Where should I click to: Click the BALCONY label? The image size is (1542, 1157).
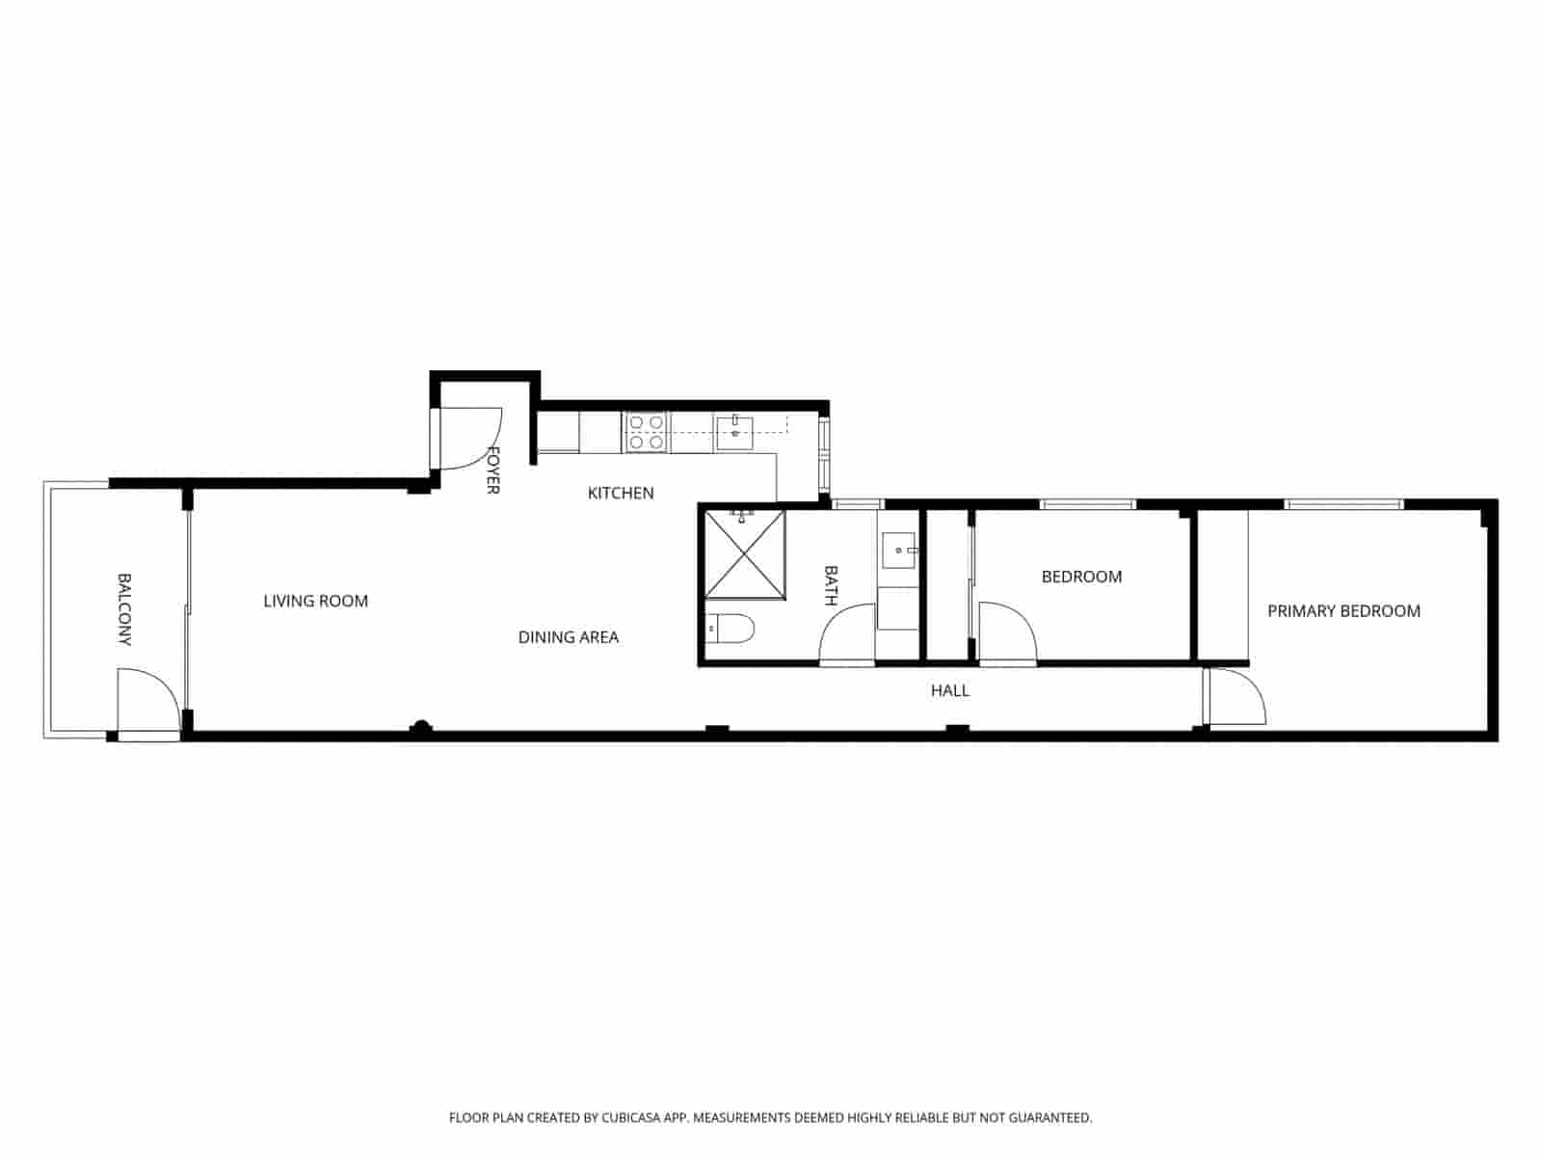point(124,609)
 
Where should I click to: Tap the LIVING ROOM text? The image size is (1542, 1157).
point(315,601)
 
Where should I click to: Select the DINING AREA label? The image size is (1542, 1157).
point(568,636)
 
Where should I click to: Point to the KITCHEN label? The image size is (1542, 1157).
point(621,493)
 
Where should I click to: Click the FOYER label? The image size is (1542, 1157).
point(492,470)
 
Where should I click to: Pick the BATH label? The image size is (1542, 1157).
point(831,585)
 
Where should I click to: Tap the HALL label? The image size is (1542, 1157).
point(949,690)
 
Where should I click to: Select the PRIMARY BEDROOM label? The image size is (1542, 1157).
point(1343,610)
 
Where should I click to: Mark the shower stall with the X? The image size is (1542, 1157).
point(745,554)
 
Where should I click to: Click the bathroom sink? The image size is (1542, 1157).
point(899,551)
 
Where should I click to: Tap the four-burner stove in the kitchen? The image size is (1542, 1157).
point(646,432)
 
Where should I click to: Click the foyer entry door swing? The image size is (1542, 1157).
point(472,439)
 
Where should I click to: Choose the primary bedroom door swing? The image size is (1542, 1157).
point(1236,697)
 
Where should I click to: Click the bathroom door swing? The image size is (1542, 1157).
point(848,633)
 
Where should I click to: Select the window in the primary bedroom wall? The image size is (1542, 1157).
point(1343,503)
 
